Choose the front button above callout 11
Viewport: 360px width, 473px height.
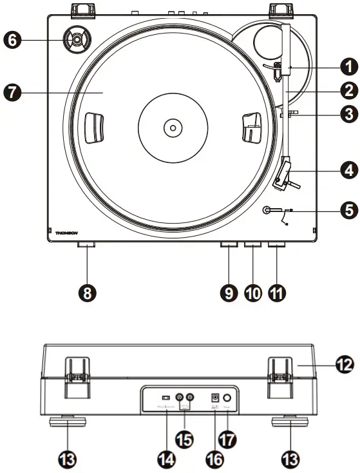(x=277, y=245)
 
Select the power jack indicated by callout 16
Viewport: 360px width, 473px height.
(x=215, y=398)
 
